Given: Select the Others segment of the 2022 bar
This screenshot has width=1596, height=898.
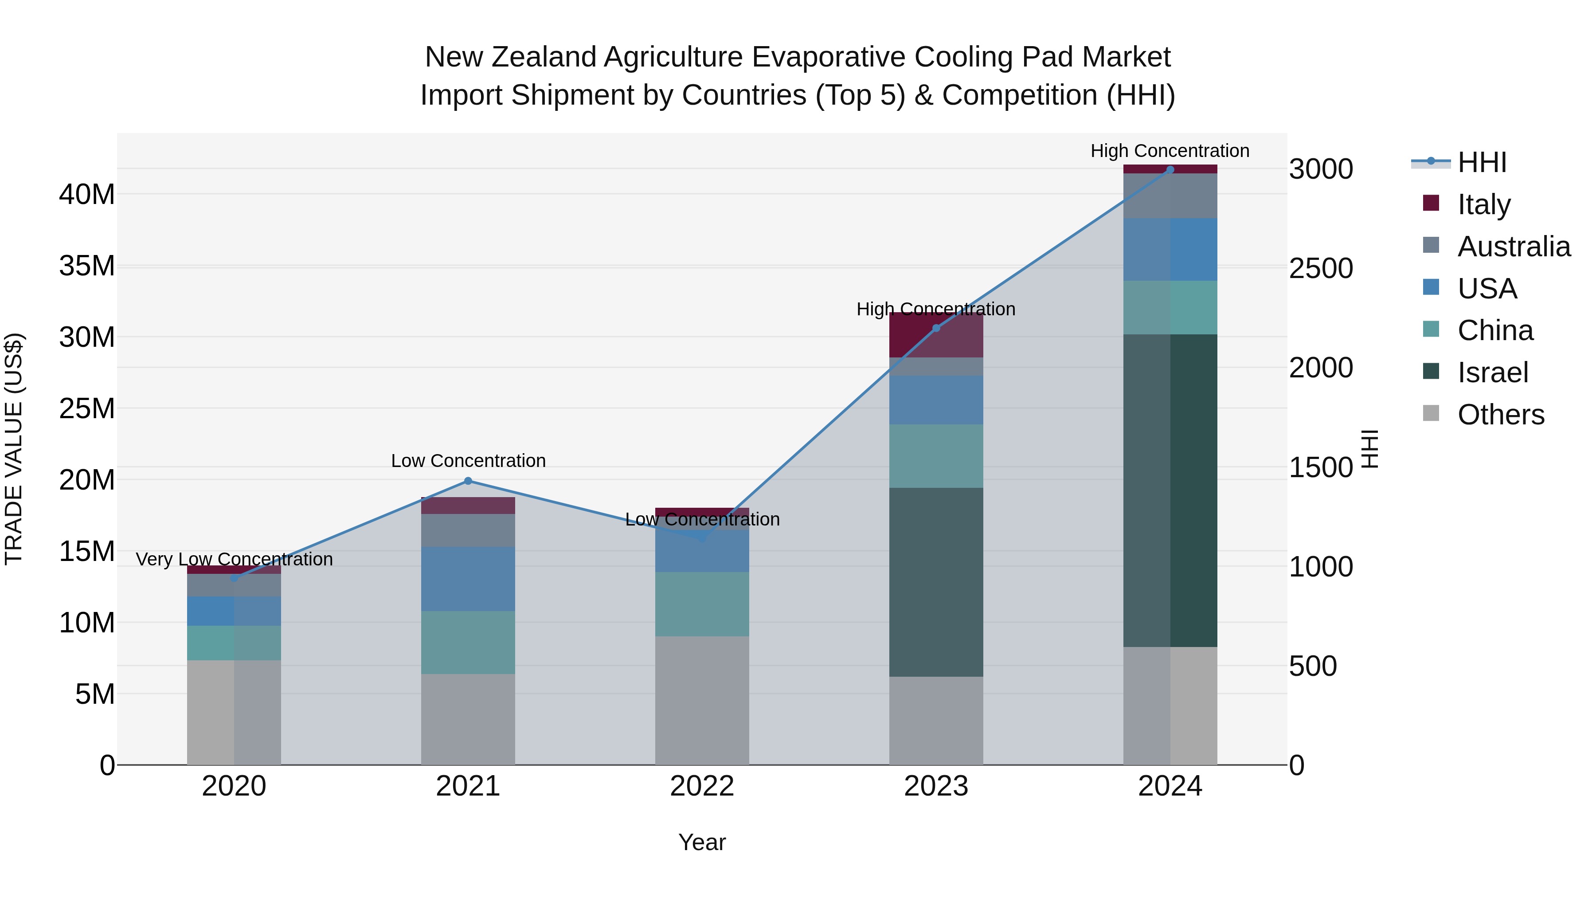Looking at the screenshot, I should (702, 700).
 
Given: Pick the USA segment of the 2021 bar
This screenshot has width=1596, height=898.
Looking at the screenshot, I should (468, 579).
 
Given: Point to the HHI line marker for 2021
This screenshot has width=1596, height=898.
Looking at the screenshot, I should (468, 481).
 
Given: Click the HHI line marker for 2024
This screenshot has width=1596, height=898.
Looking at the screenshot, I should (1170, 170).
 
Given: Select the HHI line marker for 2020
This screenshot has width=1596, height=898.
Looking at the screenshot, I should (234, 578).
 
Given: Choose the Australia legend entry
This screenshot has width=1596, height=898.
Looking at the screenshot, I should (1514, 247).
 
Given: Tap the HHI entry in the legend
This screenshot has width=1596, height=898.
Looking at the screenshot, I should (1481, 162).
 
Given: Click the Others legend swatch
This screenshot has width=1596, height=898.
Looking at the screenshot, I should (1431, 413).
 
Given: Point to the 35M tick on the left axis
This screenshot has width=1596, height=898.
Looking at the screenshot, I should (87, 266).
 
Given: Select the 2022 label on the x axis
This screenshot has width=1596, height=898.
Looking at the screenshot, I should (702, 786).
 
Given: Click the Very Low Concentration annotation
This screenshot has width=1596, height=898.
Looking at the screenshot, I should (234, 559).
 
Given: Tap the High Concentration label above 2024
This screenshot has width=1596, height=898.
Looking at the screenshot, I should (1170, 151).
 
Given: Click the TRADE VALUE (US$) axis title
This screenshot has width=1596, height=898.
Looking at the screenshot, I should (14, 449).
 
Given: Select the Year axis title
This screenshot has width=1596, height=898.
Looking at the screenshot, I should (702, 842).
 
